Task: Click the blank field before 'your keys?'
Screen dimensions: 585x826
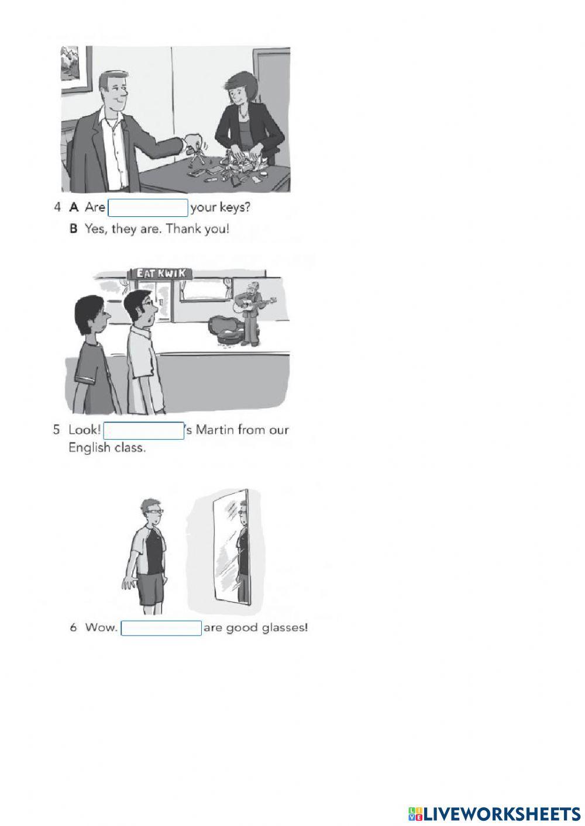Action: (147, 208)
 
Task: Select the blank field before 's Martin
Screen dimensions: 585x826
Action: (143, 430)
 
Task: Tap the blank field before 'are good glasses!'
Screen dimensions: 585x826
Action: (161, 628)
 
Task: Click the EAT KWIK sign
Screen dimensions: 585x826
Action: (160, 273)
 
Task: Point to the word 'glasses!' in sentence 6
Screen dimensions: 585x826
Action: (285, 627)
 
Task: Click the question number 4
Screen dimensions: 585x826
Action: (57, 208)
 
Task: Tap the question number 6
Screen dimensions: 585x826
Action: (74, 627)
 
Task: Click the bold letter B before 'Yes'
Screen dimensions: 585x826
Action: (74, 229)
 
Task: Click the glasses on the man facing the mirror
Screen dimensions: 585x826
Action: (156, 512)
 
